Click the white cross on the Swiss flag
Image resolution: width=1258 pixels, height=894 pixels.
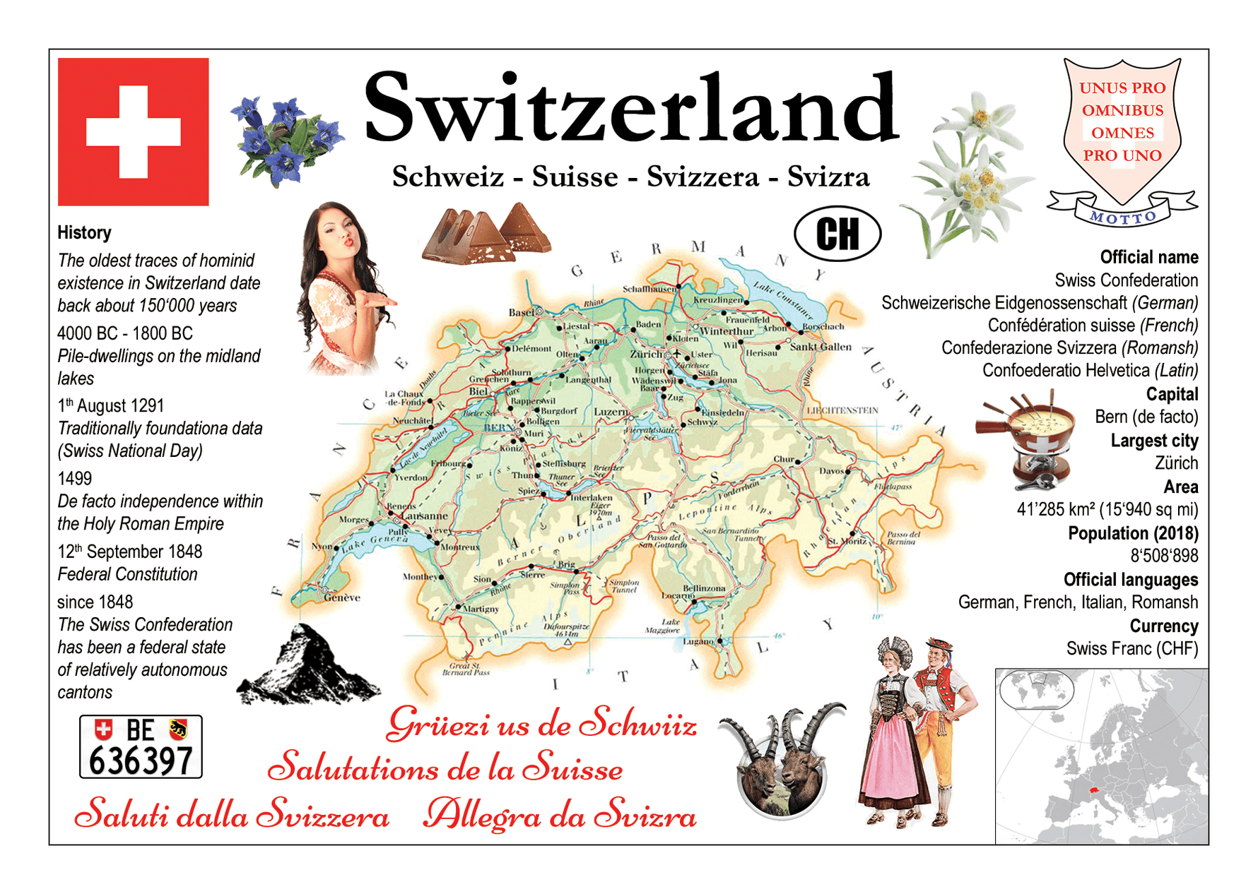coord(133,132)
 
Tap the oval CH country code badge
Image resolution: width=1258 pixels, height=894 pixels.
coord(837,234)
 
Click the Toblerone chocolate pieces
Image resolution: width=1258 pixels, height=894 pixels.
coord(486,234)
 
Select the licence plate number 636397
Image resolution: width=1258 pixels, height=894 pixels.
coord(141,761)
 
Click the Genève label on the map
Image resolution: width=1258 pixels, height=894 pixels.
coord(342,597)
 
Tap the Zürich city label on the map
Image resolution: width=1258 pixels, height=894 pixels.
coord(646,354)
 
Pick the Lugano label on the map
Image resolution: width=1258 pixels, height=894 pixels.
coord(698,641)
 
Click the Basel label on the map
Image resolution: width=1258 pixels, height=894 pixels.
coord(522,312)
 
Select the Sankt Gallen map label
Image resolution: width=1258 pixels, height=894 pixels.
coord(821,347)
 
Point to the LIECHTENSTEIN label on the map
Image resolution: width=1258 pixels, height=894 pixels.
coord(842,410)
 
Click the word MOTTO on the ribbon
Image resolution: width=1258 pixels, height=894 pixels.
coord(1122,217)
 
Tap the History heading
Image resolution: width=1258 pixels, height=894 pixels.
coord(84,232)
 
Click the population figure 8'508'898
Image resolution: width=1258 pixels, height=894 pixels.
coord(1163,556)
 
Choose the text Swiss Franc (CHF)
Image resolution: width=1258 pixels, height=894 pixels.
coord(1131,648)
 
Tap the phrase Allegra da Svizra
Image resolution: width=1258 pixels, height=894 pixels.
coord(559,816)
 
